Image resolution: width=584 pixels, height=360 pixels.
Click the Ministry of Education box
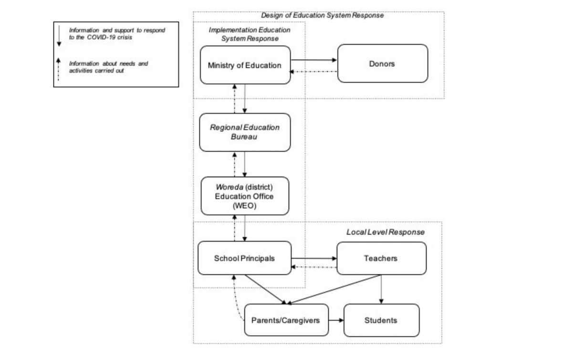pos(245,65)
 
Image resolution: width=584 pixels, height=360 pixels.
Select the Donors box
pos(383,64)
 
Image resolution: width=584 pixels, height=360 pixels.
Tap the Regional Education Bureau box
pos(245,132)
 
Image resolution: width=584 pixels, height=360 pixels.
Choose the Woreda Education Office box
pos(245,196)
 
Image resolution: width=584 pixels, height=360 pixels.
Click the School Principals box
pos(245,258)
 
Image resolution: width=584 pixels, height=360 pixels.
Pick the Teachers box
pos(381,258)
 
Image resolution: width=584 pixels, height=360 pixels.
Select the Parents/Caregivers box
pos(286,320)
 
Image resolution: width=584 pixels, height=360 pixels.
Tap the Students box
pos(381,320)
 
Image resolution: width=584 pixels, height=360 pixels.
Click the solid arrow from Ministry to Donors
pos(314,60)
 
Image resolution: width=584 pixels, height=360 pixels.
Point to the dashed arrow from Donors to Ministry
pos(314,72)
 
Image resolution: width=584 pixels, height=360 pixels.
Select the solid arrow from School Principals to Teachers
pos(314,258)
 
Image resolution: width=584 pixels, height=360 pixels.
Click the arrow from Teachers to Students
pos(381,289)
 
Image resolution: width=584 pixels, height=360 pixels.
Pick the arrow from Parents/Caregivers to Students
pos(336,320)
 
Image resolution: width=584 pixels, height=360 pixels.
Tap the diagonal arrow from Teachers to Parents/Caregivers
pos(334,289)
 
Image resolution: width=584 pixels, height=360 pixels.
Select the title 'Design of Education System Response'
pos(322,15)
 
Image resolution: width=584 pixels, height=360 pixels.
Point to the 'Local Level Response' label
pos(386,232)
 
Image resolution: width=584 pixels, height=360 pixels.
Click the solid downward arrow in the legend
pos(59,36)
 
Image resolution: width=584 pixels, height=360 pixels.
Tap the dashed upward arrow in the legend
pos(58,69)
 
